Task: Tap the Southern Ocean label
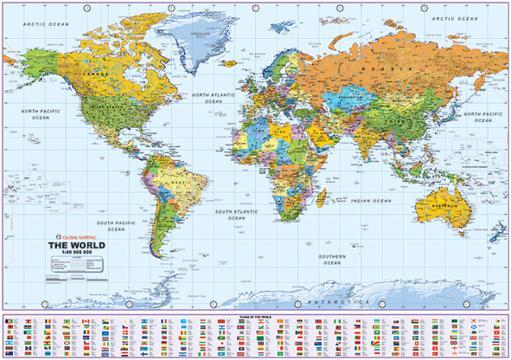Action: pyautogui.click(x=332, y=259)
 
